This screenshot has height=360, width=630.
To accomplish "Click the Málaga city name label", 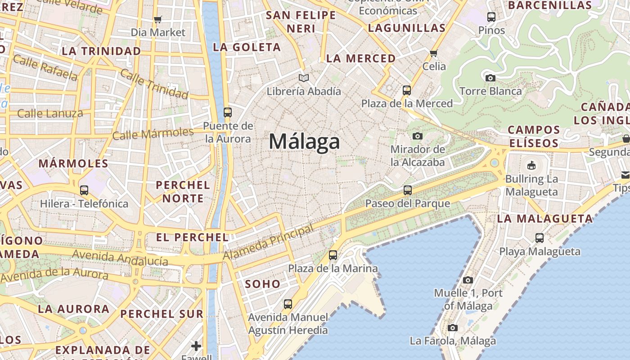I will pos(304,142).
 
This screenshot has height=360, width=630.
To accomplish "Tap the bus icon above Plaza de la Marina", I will pos(333,255).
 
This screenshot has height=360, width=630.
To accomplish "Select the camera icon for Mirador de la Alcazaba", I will pos(418,136).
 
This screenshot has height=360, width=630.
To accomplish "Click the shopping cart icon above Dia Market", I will pos(157,19).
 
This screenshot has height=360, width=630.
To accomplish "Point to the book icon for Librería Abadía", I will pos(304,78).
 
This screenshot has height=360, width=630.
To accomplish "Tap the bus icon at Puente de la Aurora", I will pos(228,112).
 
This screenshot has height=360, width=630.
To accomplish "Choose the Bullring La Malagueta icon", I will pos(531,165).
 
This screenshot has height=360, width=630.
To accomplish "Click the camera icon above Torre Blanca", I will pos(490,78).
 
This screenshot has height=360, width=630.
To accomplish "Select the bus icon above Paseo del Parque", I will pos(408,190).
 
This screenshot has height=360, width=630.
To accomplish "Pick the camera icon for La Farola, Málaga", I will pos(453,328).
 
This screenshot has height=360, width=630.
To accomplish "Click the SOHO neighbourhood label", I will pos(263,284).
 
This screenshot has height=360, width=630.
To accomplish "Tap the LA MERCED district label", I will pos(361,58).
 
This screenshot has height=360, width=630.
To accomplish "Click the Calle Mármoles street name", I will pos(153,134).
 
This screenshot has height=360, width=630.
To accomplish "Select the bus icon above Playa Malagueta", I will pos(540,238).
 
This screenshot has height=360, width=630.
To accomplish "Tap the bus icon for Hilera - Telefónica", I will pos(84,190).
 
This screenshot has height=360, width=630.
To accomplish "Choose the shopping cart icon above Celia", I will pos(434,53).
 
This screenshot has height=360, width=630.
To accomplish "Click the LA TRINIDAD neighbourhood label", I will pos(101,51).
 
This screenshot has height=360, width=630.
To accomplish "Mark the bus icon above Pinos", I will pos(491,17).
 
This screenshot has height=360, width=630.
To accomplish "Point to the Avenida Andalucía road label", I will pos(120,257).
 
